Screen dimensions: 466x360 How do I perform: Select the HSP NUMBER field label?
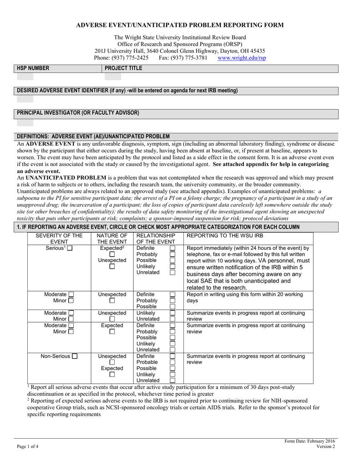[33, 68]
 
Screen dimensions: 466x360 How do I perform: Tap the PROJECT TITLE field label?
[123, 68]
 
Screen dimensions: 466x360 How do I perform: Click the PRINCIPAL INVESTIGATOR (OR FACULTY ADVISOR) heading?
[78, 112]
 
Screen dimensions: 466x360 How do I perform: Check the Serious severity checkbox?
[70, 248]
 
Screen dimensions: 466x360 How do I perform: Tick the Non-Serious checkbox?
[74, 356]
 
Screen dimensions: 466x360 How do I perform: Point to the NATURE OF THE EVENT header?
[112, 238]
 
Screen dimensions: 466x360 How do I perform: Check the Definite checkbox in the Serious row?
[172, 248]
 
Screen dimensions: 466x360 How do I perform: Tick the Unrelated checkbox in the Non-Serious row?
[172, 380]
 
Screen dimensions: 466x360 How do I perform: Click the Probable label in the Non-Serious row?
[147, 362]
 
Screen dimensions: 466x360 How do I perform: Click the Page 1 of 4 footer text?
[27, 446]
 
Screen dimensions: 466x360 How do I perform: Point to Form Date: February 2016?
[309, 441]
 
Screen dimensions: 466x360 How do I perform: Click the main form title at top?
[179, 25]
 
